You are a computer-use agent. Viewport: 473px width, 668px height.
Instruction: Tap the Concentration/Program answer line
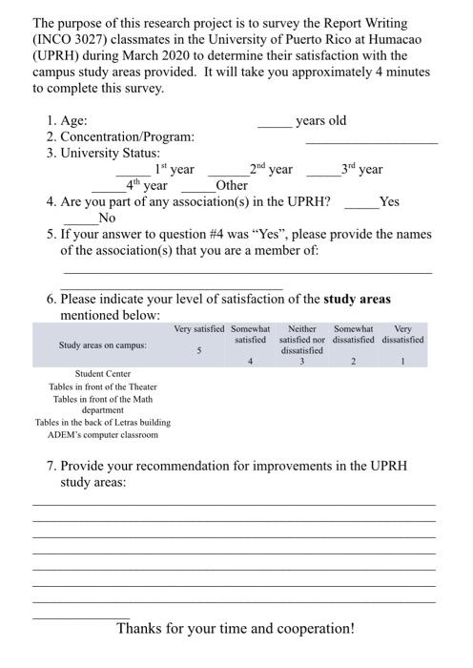click(x=371, y=140)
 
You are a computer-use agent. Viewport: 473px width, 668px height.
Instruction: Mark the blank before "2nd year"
click(x=228, y=173)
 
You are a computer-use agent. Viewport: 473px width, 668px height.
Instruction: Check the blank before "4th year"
click(x=109, y=189)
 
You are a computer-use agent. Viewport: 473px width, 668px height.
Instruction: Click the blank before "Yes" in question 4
click(x=360, y=205)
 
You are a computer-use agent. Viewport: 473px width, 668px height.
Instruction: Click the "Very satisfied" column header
click(x=199, y=329)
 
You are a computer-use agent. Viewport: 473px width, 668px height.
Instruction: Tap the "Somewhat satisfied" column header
click(x=250, y=334)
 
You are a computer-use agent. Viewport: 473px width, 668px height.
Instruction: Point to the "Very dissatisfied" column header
click(x=402, y=334)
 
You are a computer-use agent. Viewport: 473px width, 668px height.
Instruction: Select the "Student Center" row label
click(x=103, y=373)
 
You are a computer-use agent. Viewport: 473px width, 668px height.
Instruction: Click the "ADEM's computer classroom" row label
click(x=103, y=435)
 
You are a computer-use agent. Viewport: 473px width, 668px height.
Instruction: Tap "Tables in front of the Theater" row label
click(x=103, y=386)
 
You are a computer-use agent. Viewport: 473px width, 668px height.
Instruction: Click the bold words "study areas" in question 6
click(x=357, y=299)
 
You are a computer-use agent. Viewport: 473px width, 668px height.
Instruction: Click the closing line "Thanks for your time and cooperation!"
click(x=236, y=629)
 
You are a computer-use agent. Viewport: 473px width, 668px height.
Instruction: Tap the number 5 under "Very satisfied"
click(x=199, y=350)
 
